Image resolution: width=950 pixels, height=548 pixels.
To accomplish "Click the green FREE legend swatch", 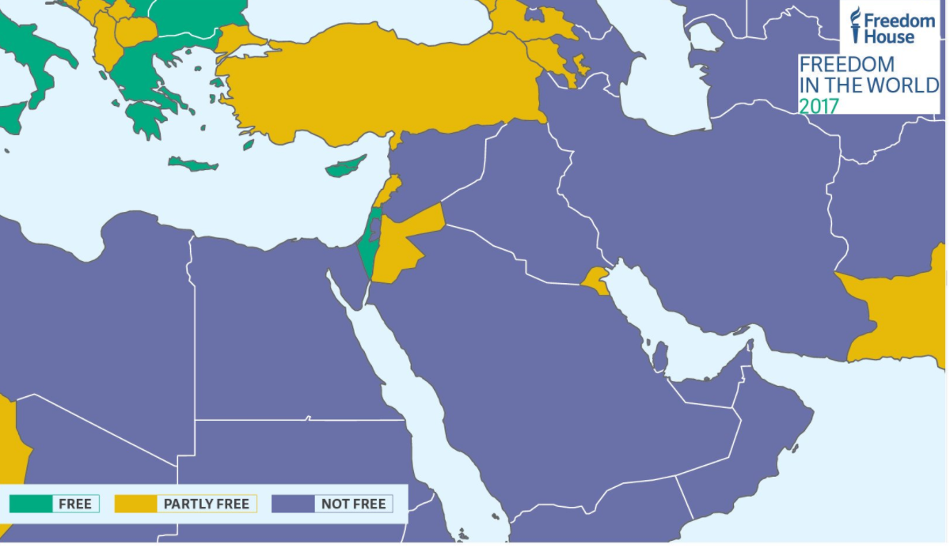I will (x=31, y=504).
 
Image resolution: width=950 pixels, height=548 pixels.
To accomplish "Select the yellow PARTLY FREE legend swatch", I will (x=135, y=504).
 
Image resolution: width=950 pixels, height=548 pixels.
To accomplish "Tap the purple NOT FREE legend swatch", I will (x=292, y=504).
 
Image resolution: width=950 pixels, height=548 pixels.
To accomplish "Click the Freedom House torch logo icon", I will (x=855, y=25).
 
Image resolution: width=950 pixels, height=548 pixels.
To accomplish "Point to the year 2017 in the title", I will (x=819, y=106).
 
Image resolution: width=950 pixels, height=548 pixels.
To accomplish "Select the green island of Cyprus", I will (x=347, y=167).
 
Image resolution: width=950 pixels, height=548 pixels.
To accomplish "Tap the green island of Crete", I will (x=192, y=164).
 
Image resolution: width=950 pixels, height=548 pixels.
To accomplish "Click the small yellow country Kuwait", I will (x=596, y=280).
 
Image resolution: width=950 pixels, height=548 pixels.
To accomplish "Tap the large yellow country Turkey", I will (x=380, y=87).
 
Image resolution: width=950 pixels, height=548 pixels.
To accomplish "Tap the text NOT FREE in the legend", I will (x=353, y=504).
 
